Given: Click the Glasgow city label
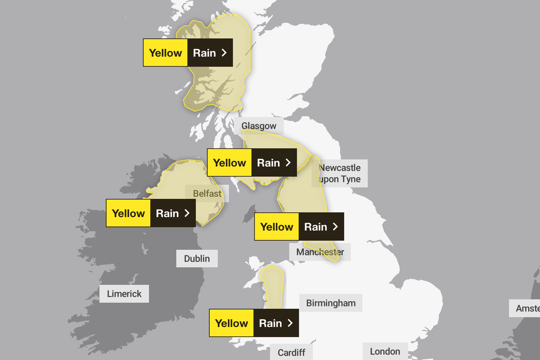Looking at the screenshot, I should tap(259, 126).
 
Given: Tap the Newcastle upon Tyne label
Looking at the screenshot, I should tap(340, 173).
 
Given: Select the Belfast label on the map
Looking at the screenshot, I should tap(207, 193).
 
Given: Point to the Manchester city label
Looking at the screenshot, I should tap(320, 252).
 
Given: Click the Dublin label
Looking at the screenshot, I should tap(197, 258).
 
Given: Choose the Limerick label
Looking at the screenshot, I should tap(124, 294).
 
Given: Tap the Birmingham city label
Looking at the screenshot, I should tap(331, 303).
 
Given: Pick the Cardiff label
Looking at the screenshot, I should tap(291, 352).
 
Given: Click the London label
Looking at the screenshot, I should tap(385, 351).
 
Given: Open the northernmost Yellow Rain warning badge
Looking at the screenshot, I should tap(188, 53).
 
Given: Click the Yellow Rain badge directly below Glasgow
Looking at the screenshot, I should tap(252, 162).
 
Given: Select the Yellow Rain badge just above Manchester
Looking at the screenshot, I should tap(299, 226).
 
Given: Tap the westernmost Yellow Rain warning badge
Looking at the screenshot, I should tap(151, 213).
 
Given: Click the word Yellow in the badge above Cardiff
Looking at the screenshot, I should tap(232, 323).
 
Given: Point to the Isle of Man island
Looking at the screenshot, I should tap(248, 214).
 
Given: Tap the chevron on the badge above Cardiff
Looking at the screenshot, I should tap(290, 323).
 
